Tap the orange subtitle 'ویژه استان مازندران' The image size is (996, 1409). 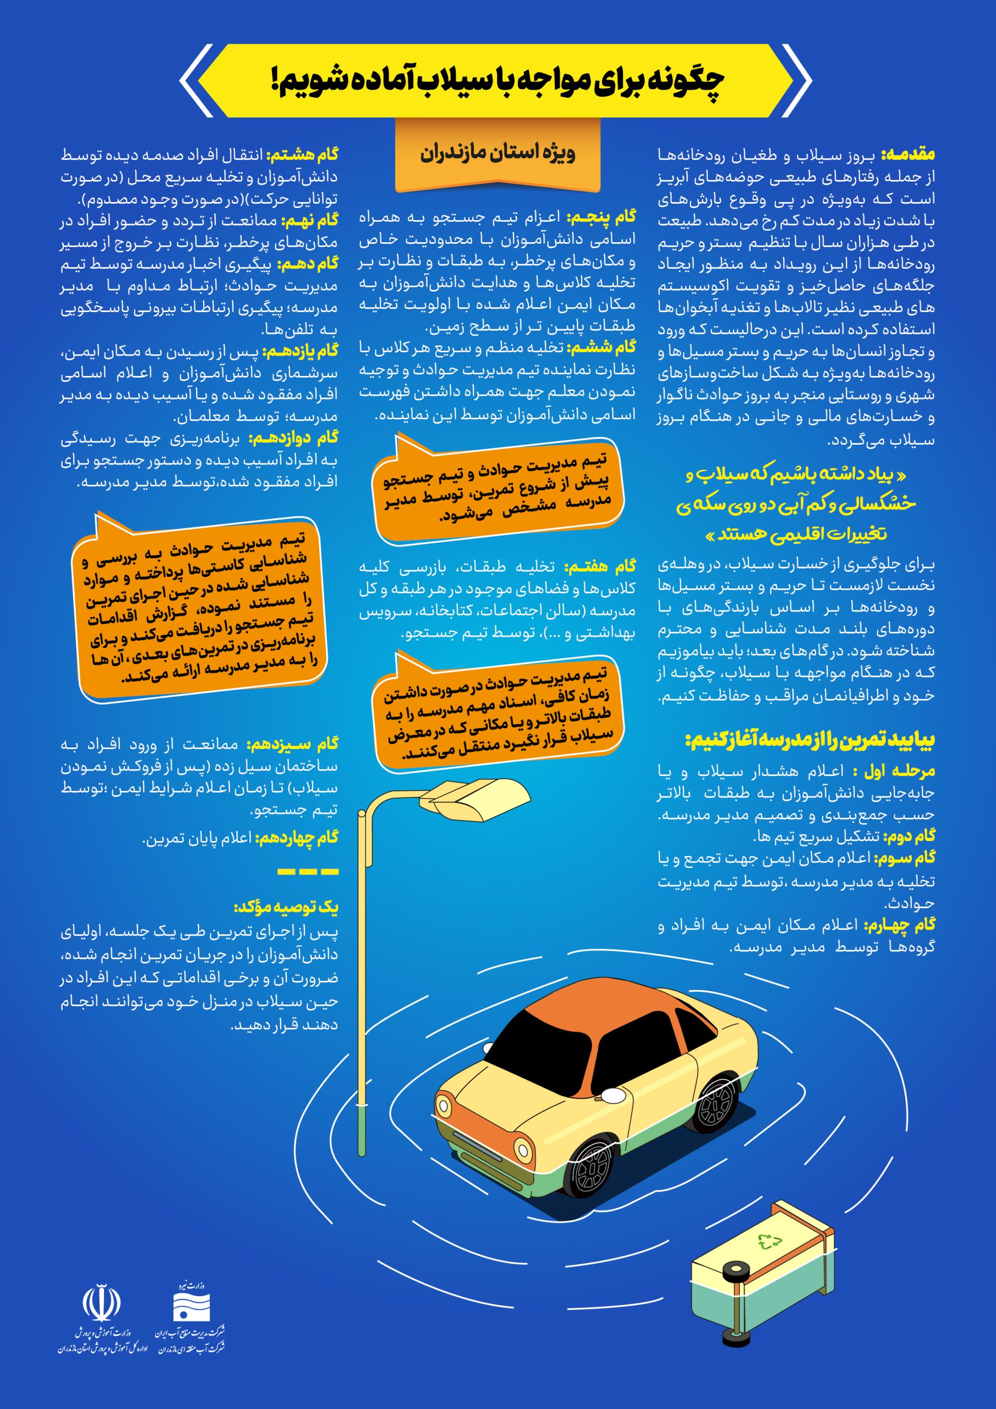(497, 153)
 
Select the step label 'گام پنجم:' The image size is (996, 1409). (601, 217)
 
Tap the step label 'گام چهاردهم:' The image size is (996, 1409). (297, 838)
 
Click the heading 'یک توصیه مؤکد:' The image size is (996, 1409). (286, 907)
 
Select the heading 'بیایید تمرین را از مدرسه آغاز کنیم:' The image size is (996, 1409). (809, 740)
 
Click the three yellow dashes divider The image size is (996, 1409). (308, 871)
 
